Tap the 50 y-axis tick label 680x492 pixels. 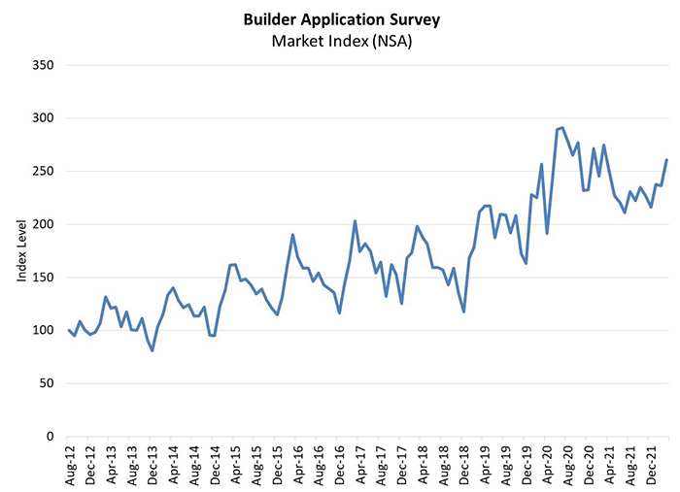click(x=45, y=383)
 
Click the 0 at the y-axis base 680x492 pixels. click(x=49, y=436)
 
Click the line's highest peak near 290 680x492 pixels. click(x=562, y=127)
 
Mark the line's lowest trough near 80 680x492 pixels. click(x=153, y=350)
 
